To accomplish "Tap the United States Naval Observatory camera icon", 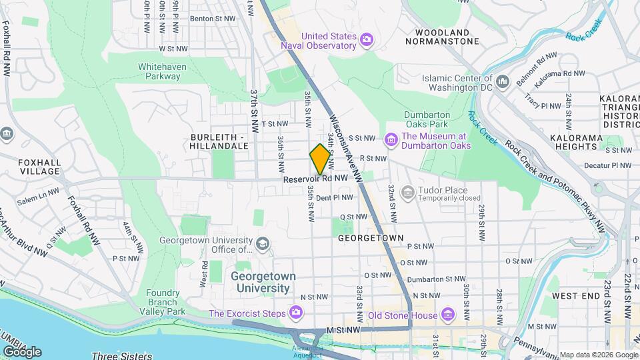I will tap(367, 41).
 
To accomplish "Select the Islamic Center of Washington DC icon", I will tap(503, 81).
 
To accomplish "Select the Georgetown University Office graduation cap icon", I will tap(263, 245).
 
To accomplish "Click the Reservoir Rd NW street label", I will tap(315, 179).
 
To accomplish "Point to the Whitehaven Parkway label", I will tap(159, 71).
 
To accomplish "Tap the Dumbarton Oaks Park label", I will tap(427, 119).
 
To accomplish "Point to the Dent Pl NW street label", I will tap(334, 198).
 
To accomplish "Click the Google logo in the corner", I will tap(22, 351).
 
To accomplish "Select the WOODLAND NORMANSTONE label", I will tap(447, 37).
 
